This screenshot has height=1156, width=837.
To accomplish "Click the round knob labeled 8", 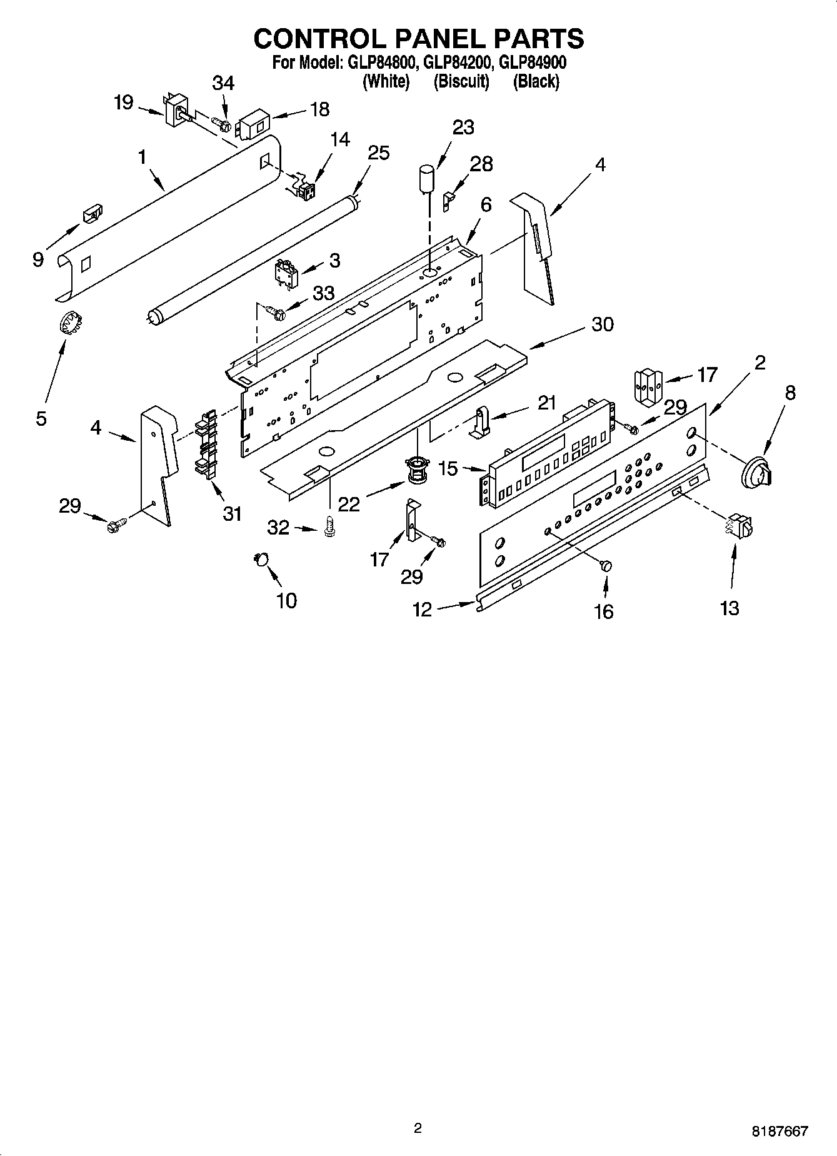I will [x=755, y=472].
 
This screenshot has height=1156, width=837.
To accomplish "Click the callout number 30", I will [x=602, y=324].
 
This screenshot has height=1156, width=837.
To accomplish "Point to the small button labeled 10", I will [x=261, y=558].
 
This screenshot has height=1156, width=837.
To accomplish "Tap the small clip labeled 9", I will [x=92, y=214].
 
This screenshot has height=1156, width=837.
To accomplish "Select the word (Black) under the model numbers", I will [x=536, y=81].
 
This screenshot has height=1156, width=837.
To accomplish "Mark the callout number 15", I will [x=448, y=468].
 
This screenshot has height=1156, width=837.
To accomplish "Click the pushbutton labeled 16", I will [x=605, y=565].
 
